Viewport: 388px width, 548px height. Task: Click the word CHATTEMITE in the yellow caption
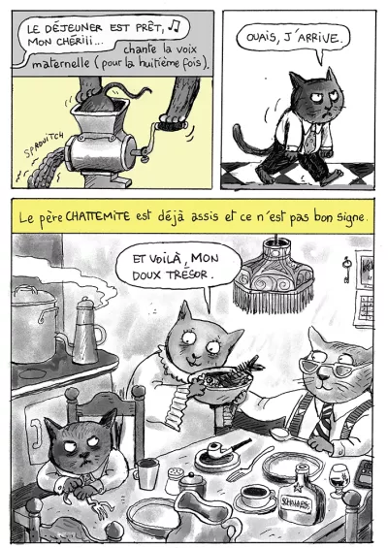click(98, 216)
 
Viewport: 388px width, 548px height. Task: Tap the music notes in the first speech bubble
click(174, 25)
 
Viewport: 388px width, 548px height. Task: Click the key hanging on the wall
click(346, 269)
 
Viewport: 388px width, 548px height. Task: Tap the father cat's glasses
click(327, 367)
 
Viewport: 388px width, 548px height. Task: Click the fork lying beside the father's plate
click(249, 466)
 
